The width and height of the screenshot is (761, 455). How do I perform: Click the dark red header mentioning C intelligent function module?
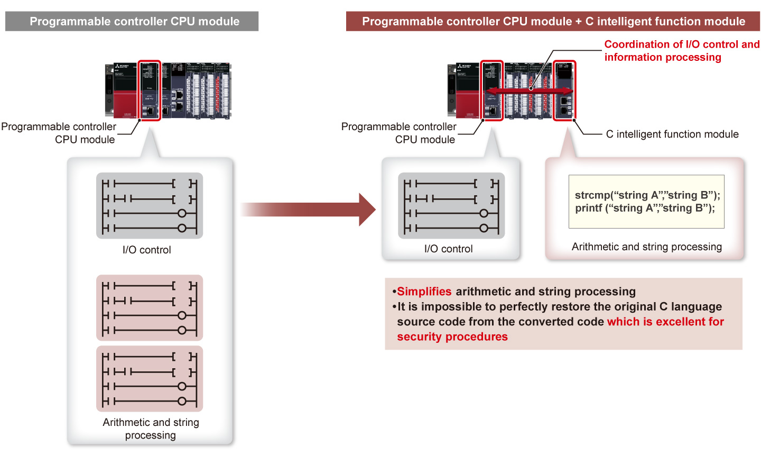553,22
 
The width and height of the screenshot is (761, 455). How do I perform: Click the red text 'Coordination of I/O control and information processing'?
681,51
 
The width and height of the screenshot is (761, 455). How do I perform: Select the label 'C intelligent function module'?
672,134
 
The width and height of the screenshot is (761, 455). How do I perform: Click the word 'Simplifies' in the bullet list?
424,292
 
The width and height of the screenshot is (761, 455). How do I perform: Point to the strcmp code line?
647,195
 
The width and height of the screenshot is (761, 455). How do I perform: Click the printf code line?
645,208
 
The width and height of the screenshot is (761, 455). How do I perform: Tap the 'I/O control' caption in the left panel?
147,250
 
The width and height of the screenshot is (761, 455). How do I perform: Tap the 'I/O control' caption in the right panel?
448,249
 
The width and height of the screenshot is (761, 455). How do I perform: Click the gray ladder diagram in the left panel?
150,206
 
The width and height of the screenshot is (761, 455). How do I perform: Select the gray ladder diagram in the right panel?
451,206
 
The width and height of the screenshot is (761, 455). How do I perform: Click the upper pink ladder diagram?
150,308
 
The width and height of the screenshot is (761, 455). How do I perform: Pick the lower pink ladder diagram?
150,379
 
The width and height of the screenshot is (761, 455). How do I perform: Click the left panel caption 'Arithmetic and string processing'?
151,429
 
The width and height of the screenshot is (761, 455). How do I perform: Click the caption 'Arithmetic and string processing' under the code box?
646,247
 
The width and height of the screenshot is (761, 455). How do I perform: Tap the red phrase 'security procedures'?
452,337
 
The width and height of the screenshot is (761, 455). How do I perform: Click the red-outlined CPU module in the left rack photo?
149,90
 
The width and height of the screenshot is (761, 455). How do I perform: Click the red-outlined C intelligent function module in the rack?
564,90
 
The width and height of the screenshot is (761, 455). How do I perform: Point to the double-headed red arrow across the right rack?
528,92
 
